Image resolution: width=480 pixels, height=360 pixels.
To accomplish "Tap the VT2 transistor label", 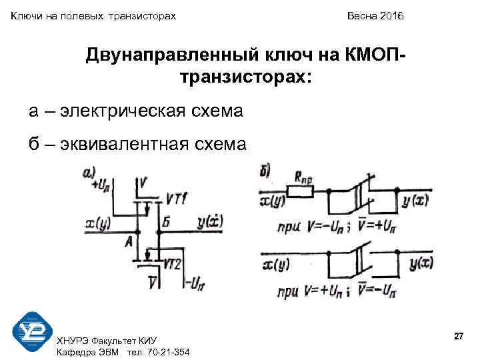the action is pos(173,263).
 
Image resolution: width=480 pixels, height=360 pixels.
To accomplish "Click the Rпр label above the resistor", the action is pos(304,177).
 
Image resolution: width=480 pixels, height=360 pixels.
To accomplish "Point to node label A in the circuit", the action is pos(128,243).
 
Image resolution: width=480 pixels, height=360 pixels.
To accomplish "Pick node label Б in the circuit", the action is pos(167,219).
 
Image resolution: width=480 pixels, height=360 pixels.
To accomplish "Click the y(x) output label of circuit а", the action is pos(211,221).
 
